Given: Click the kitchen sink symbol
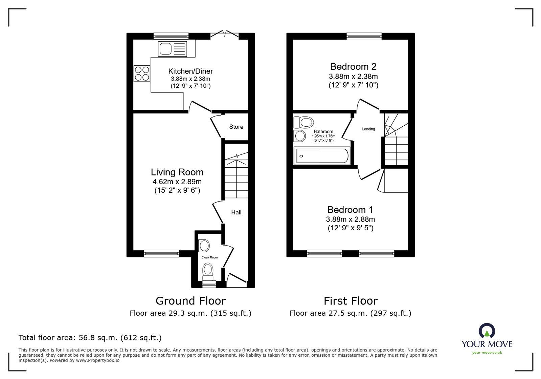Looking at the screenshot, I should point(172,49).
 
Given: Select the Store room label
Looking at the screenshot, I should point(236,127).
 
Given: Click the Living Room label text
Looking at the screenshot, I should point(177,172).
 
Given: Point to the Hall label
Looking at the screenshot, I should point(236,212).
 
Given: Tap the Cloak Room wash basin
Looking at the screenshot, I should point(204,246).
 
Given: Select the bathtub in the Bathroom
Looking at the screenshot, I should point(322,156).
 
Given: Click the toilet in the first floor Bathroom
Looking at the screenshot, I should point(303,122).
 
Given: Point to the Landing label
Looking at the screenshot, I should point(368,129).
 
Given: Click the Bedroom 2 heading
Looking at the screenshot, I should point(353,66).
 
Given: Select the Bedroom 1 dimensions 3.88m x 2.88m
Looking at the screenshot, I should point(351,219).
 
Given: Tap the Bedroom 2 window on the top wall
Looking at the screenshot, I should point(364,36).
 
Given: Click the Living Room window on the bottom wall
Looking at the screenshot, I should point(161,253).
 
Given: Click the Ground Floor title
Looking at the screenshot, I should point(190,301).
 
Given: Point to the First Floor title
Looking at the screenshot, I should point(351,301).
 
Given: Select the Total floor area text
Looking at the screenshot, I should point(90,338).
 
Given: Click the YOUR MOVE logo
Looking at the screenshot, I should point(487,339).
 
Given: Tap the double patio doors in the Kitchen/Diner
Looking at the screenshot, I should point(224,34).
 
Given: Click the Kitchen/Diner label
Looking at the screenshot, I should point(190,71).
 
